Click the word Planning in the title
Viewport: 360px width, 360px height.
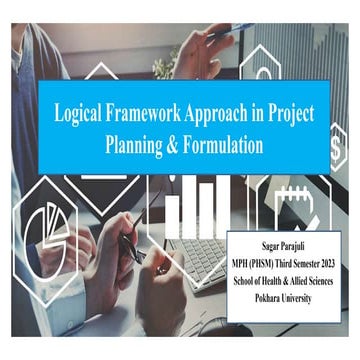click(136, 143)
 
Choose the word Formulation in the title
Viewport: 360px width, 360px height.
click(232, 143)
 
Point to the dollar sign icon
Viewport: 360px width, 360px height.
click(338, 150)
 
